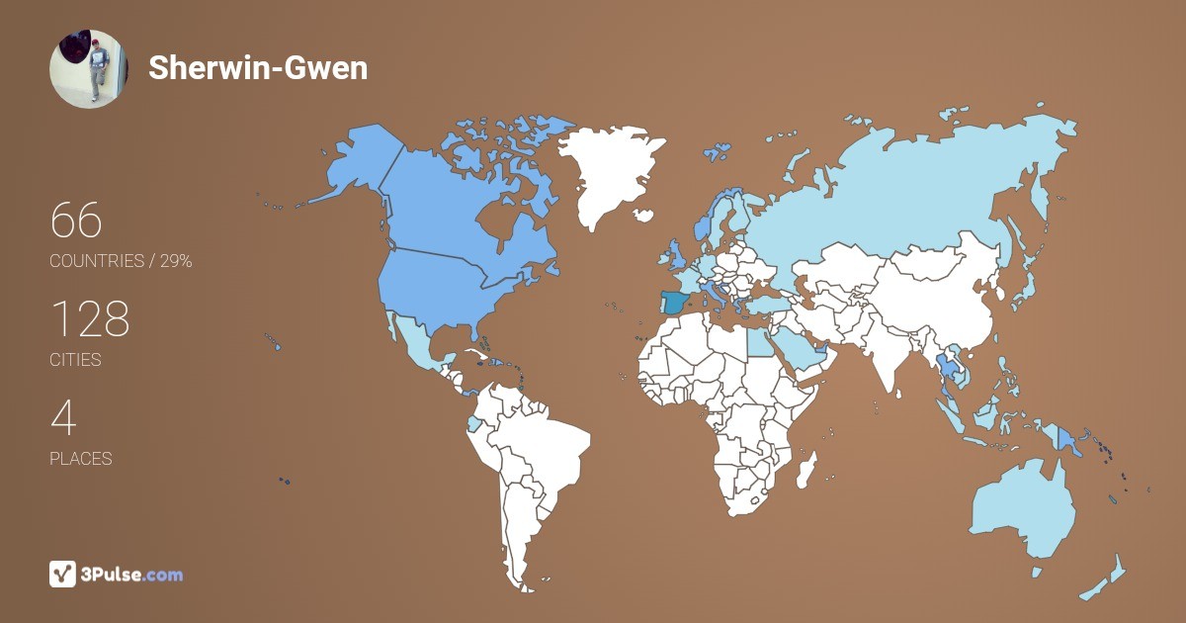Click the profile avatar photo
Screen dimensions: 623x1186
point(89,68)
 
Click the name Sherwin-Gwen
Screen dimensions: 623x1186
point(258,68)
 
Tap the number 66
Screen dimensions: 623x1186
point(76,221)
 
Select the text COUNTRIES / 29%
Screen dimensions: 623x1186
point(121,261)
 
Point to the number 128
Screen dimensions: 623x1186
point(90,319)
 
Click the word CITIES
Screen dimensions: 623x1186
point(76,360)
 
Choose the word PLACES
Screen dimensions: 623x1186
point(81,459)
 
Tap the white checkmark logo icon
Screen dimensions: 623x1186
point(63,574)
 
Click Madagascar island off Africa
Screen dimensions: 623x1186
point(807,468)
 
